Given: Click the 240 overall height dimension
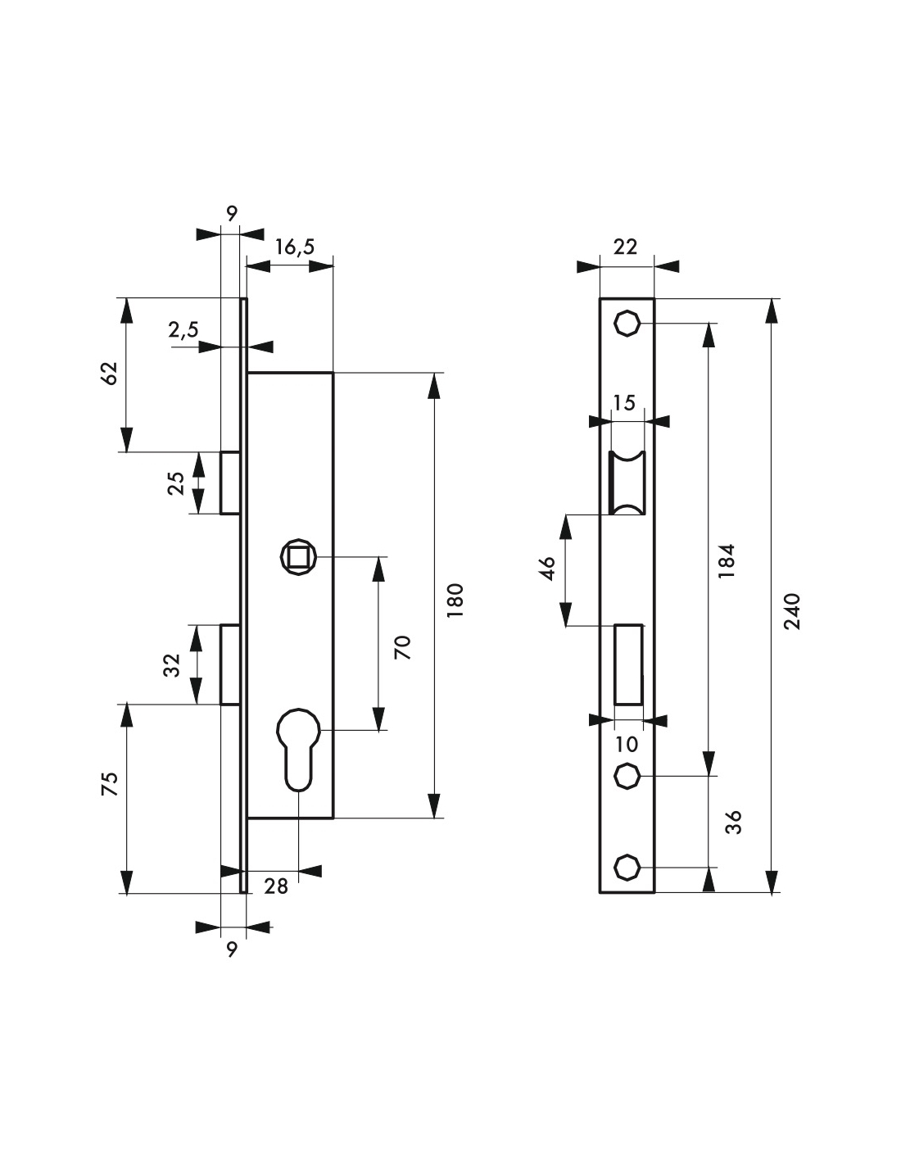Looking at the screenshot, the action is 792,611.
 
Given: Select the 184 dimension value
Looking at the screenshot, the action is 727,560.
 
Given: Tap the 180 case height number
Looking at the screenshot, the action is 455,600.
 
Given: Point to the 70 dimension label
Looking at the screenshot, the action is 402,647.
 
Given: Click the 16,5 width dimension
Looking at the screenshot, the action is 295,247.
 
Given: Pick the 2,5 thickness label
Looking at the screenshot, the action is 183,329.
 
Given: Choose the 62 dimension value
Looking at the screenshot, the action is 109,374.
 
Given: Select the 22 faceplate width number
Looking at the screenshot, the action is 626,247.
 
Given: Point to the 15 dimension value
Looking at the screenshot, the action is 624,402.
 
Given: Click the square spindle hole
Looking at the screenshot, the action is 298,558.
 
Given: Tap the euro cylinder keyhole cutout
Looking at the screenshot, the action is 298,750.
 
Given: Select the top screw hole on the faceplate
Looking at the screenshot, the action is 626,324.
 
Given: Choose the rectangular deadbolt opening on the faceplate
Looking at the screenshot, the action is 628,664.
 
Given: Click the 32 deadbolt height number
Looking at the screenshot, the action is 172,665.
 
